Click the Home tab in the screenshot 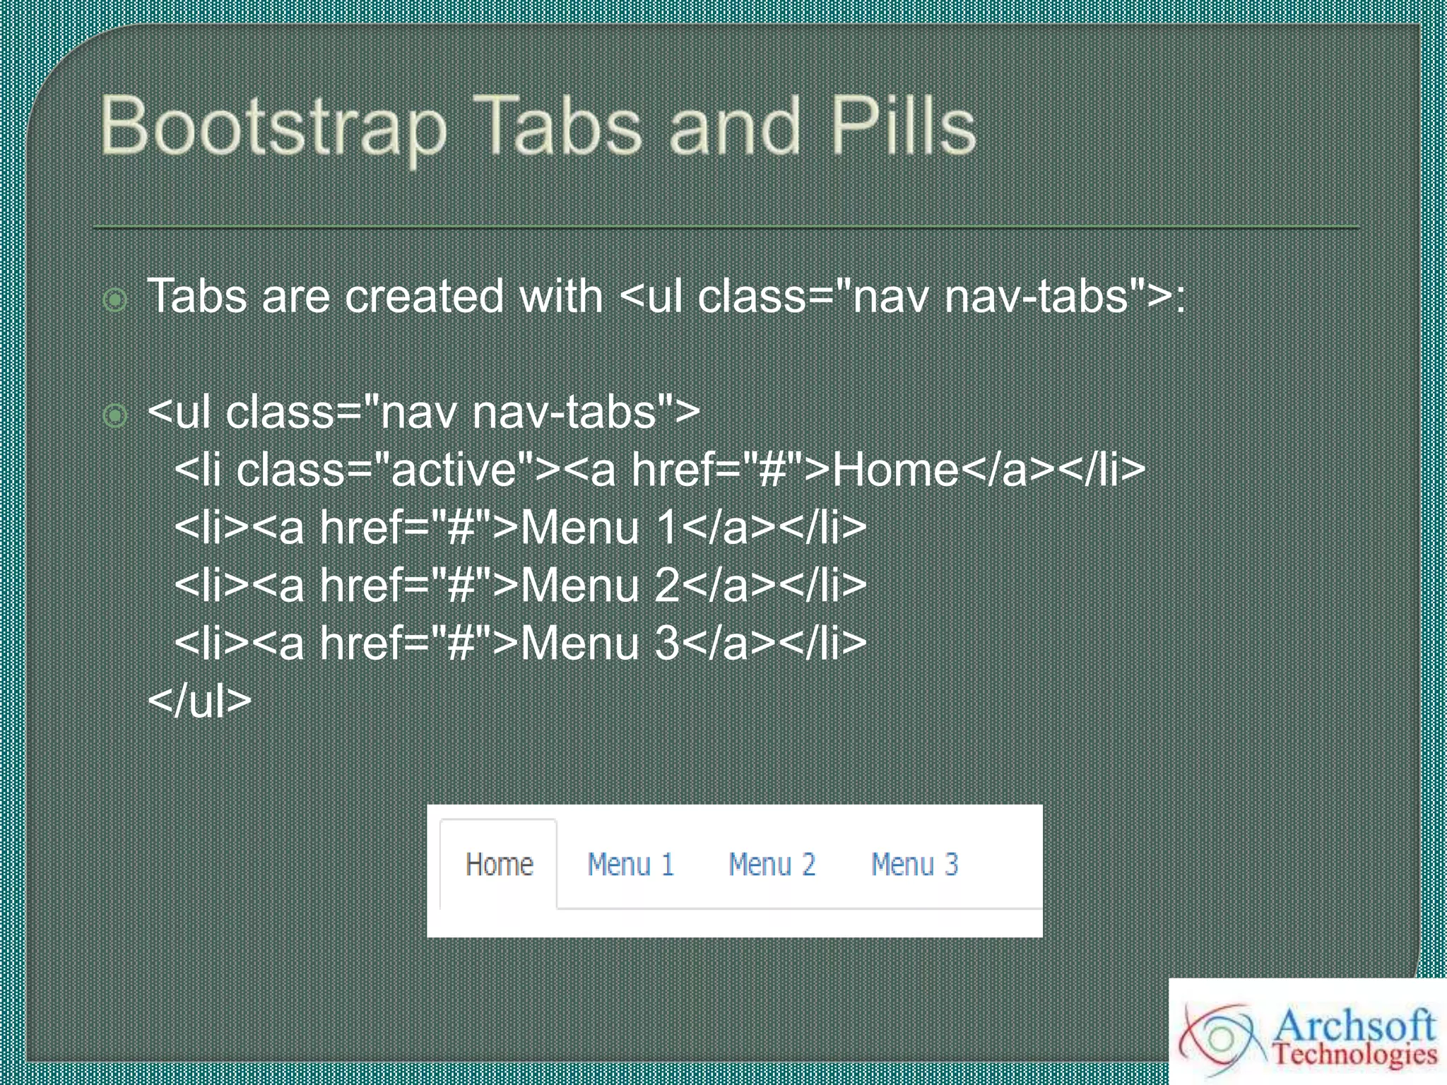tap(499, 865)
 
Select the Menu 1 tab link tap(631, 865)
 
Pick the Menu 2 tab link tap(772, 865)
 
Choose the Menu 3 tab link tap(914, 865)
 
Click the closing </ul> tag tap(200, 701)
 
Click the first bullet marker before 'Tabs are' tap(115, 300)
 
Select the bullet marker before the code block tap(115, 415)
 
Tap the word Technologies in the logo tap(1354, 1055)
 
